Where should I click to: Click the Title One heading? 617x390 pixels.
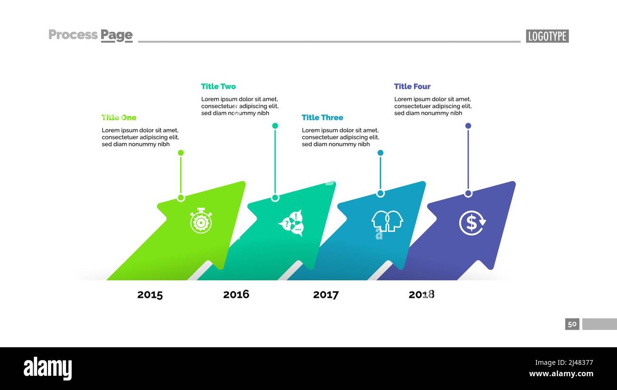119,117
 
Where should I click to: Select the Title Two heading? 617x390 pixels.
218,86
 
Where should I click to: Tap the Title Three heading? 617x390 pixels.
322,117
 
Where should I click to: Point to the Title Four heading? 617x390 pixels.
412,86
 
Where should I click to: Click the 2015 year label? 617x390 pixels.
150,295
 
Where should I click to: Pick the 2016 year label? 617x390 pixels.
236,295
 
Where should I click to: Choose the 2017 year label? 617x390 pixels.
326,295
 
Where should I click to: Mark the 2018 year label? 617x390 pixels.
421,295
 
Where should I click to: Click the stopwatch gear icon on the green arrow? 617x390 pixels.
201,221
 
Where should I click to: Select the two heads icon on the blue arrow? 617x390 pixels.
387,221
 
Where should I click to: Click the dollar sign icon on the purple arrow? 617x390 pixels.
472,223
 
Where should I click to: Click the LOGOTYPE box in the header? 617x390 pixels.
547,36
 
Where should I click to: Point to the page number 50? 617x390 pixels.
572,324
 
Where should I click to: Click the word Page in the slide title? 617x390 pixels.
116,35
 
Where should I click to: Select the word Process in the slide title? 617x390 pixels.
73,35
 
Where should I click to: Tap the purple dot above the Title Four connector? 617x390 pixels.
468,126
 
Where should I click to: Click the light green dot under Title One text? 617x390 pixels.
181,153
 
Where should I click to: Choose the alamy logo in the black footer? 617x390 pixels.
47,369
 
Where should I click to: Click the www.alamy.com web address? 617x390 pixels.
561,374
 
